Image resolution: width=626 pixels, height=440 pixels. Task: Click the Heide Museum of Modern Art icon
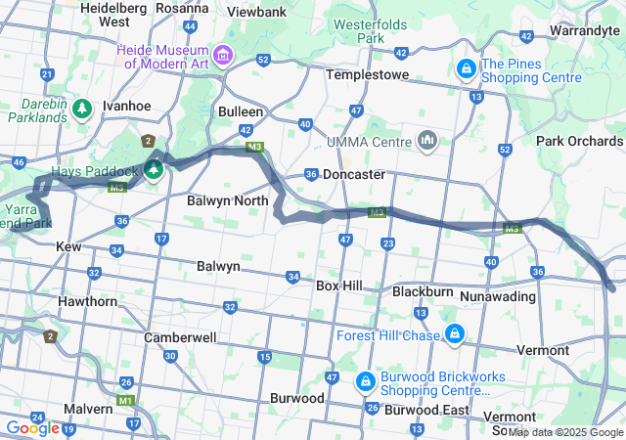point(225,54)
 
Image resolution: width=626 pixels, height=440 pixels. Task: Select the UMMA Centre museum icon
point(426,142)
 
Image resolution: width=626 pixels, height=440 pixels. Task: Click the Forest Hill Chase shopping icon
point(454,335)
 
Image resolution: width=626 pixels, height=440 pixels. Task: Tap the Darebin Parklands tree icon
point(83,106)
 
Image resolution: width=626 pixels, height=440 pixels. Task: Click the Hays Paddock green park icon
point(154,171)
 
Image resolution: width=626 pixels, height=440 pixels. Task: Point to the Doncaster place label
point(353,174)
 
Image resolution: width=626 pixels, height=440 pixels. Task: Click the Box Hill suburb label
point(339,286)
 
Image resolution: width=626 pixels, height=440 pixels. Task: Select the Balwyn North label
point(227,200)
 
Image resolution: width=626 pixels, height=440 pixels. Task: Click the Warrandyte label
point(585,30)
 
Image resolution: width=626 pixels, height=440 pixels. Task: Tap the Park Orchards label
point(579,141)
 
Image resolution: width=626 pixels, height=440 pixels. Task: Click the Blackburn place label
point(423,291)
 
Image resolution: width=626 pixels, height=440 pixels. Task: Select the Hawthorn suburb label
point(87,301)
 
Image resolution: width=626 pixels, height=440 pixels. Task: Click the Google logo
point(32,427)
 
